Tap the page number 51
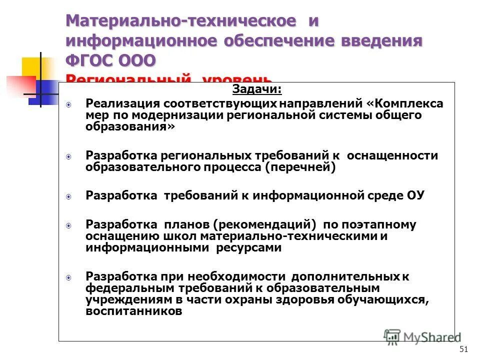[463, 349]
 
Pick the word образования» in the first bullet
[131, 126]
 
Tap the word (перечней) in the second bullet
[300, 167]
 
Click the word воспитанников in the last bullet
[133, 311]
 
